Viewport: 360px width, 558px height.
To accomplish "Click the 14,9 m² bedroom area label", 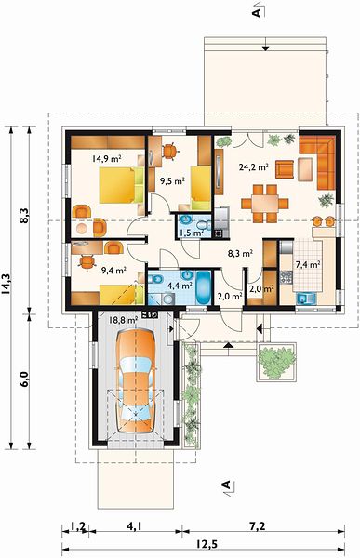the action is coord(107,158).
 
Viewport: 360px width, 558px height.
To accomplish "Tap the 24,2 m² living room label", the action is coord(254,166).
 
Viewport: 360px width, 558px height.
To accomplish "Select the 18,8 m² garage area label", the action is coord(123,320).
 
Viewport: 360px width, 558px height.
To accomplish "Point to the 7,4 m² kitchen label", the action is coord(307,264).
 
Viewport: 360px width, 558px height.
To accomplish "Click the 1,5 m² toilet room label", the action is coord(192,233).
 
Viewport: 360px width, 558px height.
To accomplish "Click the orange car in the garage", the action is coord(136,380).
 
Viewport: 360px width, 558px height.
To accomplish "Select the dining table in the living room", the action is coord(265,204).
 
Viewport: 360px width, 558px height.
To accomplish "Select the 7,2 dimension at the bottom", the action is coord(258,526).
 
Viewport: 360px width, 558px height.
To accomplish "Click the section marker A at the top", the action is coord(256,13).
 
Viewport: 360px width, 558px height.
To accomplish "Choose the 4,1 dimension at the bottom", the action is coord(134,526).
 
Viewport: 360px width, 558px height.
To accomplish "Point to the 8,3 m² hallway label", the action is coord(240,253).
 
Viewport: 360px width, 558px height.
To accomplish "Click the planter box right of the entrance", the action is coord(276,362).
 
